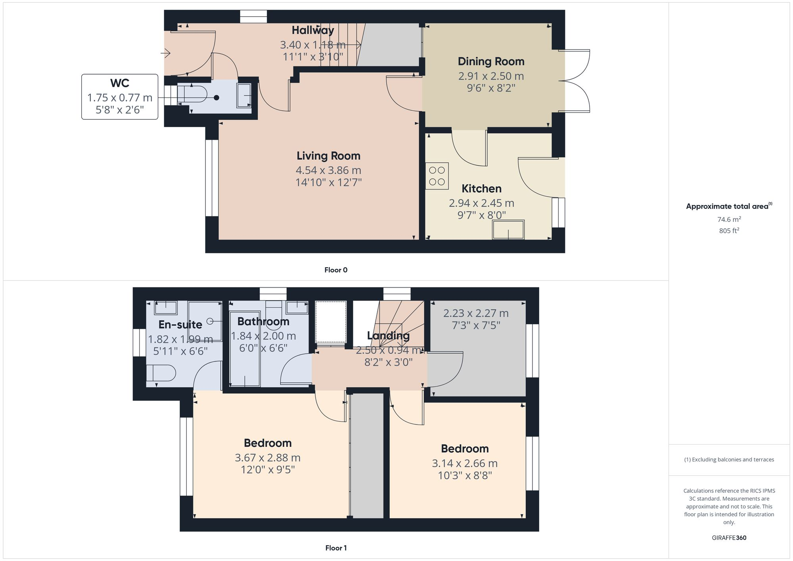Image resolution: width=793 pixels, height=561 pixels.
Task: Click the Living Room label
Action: pyautogui.click(x=328, y=156)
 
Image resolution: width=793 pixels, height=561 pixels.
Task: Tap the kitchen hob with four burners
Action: pyautogui.click(x=437, y=176)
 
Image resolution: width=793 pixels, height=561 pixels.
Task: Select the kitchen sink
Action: pyautogui.click(x=508, y=230)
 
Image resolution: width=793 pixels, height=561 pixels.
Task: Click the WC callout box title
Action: pyautogui.click(x=119, y=83)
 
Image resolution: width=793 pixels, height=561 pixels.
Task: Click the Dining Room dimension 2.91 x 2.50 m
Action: pyautogui.click(x=491, y=76)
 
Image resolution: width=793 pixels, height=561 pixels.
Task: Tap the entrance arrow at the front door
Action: pyautogui.click(x=166, y=53)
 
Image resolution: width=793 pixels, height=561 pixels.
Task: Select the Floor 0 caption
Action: pyautogui.click(x=336, y=270)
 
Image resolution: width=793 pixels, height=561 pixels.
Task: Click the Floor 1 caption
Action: pyautogui.click(x=336, y=548)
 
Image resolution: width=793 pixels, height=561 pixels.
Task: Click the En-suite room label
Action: pyautogui.click(x=180, y=325)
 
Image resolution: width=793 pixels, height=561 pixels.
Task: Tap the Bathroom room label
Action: pyautogui.click(x=263, y=322)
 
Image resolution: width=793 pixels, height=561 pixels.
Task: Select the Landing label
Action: pyautogui.click(x=388, y=336)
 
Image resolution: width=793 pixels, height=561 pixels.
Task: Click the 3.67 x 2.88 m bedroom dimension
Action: pyautogui.click(x=267, y=458)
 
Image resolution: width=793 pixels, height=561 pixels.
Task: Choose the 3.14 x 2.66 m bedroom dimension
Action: pyautogui.click(x=465, y=463)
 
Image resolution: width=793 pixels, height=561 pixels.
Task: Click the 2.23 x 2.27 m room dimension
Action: pyautogui.click(x=476, y=313)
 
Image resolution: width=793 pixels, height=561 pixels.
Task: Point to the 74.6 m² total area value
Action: pyautogui.click(x=729, y=219)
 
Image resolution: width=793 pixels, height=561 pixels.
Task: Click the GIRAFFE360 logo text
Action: pyautogui.click(x=729, y=538)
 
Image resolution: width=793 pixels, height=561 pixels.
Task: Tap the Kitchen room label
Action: pyautogui.click(x=481, y=189)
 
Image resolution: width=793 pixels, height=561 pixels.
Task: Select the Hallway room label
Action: pyautogui.click(x=313, y=30)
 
